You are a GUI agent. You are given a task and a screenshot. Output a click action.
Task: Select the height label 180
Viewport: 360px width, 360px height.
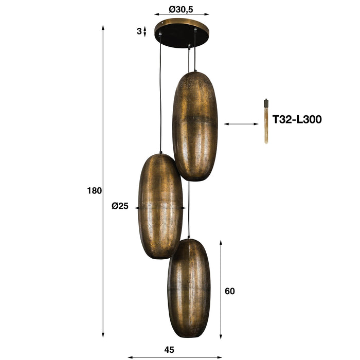point(95,190)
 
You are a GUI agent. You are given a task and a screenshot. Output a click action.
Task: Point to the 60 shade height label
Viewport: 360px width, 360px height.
point(230,291)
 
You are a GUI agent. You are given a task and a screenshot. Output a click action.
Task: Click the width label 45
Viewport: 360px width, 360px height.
point(170,350)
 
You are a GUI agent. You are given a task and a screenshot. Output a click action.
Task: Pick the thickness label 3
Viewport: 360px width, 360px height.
point(139,31)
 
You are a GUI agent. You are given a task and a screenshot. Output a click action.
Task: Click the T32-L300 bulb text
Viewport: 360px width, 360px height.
point(297,120)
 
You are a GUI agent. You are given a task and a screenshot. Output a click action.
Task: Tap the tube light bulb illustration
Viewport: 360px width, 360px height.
point(266,121)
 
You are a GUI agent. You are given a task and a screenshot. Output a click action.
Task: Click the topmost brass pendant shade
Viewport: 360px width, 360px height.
point(195,126)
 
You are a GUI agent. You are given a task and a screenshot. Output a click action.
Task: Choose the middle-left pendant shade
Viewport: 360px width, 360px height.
point(161,206)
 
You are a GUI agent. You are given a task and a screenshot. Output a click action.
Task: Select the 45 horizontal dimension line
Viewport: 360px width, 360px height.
point(175,356)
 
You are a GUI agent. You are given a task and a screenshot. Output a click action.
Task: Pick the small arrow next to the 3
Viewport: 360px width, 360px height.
point(145,31)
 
